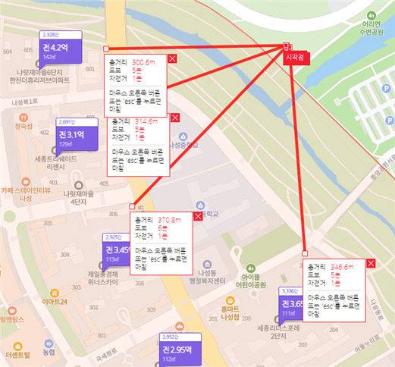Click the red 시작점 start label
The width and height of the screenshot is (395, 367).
point(292,58)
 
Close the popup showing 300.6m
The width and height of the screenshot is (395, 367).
point(172,58)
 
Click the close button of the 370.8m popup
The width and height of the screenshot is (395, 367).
point(198,216)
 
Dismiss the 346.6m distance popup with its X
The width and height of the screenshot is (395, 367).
point(371,262)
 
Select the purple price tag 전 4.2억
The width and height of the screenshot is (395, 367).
point(56,49)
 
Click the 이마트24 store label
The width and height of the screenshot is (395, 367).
point(55,302)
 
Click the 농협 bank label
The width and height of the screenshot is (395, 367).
point(48,351)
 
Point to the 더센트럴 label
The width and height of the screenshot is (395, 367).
point(17,354)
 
